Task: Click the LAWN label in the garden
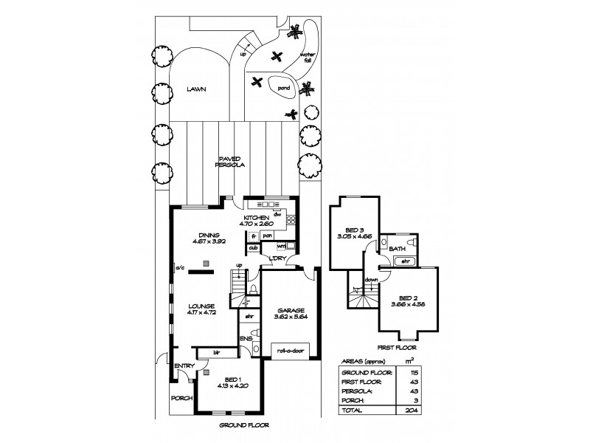(195, 89)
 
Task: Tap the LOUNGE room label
(201, 306)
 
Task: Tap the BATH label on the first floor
(397, 250)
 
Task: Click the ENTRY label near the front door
(183, 365)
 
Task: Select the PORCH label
(181, 398)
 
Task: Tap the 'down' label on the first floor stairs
(372, 280)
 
